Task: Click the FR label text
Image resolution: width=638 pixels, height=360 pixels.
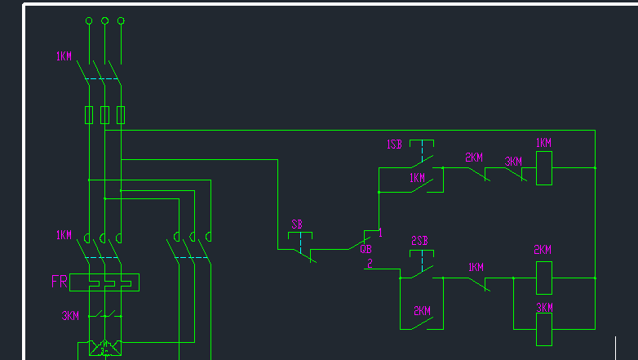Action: point(60,282)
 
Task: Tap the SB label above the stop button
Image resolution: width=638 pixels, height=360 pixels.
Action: point(297,224)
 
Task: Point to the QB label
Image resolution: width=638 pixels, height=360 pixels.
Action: point(366,249)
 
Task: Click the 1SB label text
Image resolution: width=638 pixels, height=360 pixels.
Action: point(394,144)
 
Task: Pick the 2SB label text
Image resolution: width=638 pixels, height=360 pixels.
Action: point(419,241)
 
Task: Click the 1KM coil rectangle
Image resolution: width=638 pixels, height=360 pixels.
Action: point(544,168)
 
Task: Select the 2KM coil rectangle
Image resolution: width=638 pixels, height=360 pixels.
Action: point(544,278)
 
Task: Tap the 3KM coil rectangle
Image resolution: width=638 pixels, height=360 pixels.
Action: point(544,329)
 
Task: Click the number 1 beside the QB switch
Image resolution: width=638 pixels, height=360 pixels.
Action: point(380,233)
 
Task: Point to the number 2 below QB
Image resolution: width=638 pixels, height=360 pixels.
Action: point(370,264)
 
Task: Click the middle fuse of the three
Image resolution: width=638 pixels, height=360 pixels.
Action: point(104,115)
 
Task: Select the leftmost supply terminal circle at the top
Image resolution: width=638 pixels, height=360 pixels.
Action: point(89,20)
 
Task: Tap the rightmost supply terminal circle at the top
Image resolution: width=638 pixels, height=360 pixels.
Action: point(121,20)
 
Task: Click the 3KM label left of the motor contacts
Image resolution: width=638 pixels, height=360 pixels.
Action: point(70,316)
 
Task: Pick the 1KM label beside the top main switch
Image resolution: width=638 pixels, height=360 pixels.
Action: point(64,56)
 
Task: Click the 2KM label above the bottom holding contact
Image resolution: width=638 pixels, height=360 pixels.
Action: point(422,311)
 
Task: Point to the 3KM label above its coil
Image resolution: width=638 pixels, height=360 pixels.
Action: point(544,308)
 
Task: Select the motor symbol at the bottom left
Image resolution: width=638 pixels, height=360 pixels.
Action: point(105,349)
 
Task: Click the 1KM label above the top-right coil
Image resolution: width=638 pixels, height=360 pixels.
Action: point(543,143)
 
